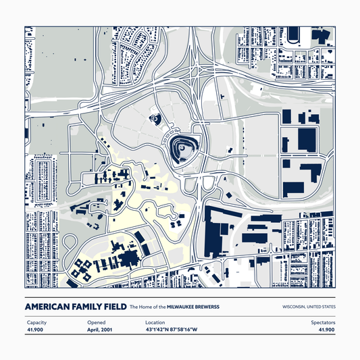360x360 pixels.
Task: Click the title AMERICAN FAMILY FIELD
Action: click(x=76, y=307)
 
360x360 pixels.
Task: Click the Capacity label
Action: click(x=36, y=323)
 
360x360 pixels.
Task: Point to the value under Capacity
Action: click(x=36, y=330)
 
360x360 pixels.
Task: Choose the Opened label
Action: click(x=96, y=323)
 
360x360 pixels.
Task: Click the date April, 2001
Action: click(x=100, y=330)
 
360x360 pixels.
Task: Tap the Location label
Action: click(x=155, y=323)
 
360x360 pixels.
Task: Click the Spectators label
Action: click(x=322, y=323)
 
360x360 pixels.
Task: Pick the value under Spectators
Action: click(x=326, y=330)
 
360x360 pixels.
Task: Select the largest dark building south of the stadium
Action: click(x=220, y=230)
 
